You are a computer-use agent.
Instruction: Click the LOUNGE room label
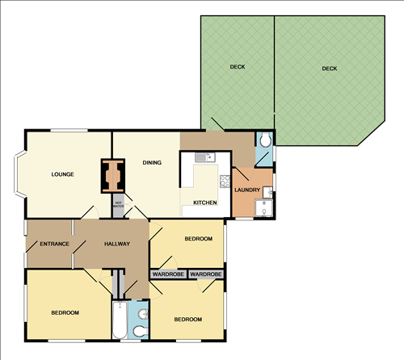63,174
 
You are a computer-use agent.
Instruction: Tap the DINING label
152,163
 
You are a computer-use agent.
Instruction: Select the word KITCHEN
204,203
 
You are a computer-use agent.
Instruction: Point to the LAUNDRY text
246,189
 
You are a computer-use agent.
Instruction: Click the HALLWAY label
117,244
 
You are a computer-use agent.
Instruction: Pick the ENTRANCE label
53,244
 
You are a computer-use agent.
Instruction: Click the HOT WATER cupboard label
118,204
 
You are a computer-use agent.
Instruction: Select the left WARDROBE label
167,274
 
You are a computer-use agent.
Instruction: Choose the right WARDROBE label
206,274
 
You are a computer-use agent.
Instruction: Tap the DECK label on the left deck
237,67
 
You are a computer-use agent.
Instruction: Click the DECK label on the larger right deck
329,69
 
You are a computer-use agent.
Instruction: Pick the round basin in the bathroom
141,313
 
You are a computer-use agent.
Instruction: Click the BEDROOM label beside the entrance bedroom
65,312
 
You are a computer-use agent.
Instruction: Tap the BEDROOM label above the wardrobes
198,239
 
